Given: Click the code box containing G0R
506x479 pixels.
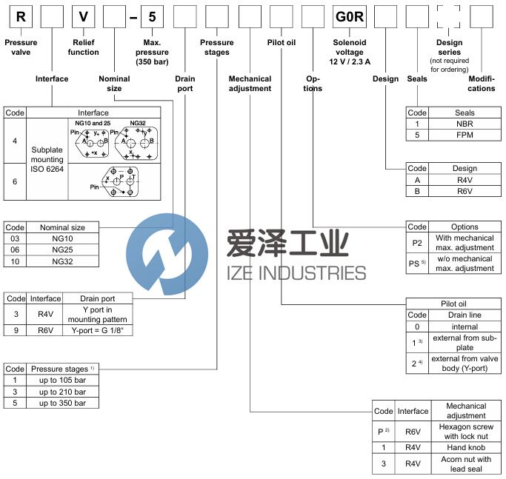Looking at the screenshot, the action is (350, 17).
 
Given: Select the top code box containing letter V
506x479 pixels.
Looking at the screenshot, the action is (83, 17).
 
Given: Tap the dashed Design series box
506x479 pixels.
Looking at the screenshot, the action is (448, 17).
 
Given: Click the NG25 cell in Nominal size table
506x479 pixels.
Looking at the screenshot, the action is (63, 249).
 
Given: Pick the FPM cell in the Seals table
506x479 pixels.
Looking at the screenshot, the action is (465, 135).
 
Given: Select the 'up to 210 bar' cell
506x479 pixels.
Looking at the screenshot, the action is (63, 392).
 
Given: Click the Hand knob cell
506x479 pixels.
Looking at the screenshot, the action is (466, 447).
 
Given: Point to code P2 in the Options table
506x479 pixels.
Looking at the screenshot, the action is (417, 243).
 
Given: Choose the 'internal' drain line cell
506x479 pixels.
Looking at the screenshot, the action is (465, 326).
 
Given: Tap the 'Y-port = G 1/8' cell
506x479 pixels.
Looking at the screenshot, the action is (98, 330).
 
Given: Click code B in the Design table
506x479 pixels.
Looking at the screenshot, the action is (417, 191).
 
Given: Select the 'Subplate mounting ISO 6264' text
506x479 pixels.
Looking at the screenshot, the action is (47, 159).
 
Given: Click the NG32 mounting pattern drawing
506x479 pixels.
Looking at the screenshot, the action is (136, 144).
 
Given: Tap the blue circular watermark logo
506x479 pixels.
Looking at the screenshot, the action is (167, 254).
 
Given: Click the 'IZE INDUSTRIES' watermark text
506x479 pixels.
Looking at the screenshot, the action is (296, 273).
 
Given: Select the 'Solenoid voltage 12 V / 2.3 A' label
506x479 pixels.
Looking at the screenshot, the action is (350, 52).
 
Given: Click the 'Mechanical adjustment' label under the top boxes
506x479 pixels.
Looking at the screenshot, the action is (250, 84).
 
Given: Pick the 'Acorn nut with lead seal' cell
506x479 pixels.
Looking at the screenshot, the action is (466, 464).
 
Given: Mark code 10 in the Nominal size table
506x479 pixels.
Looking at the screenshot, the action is (15, 261).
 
